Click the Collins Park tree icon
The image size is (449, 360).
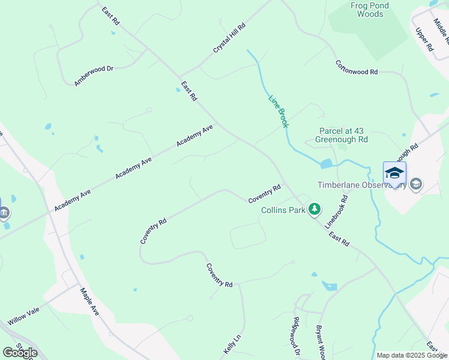[314, 209]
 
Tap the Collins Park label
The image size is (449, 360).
[283, 211]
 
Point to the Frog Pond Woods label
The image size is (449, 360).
[370, 10]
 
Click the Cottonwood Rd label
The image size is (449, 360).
[356, 67]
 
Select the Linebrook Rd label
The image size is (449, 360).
[336, 212]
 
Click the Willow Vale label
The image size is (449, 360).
[23, 317]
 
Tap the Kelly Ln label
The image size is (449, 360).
[232, 344]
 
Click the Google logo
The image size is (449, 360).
[20, 353]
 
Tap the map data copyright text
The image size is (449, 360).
[412, 355]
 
